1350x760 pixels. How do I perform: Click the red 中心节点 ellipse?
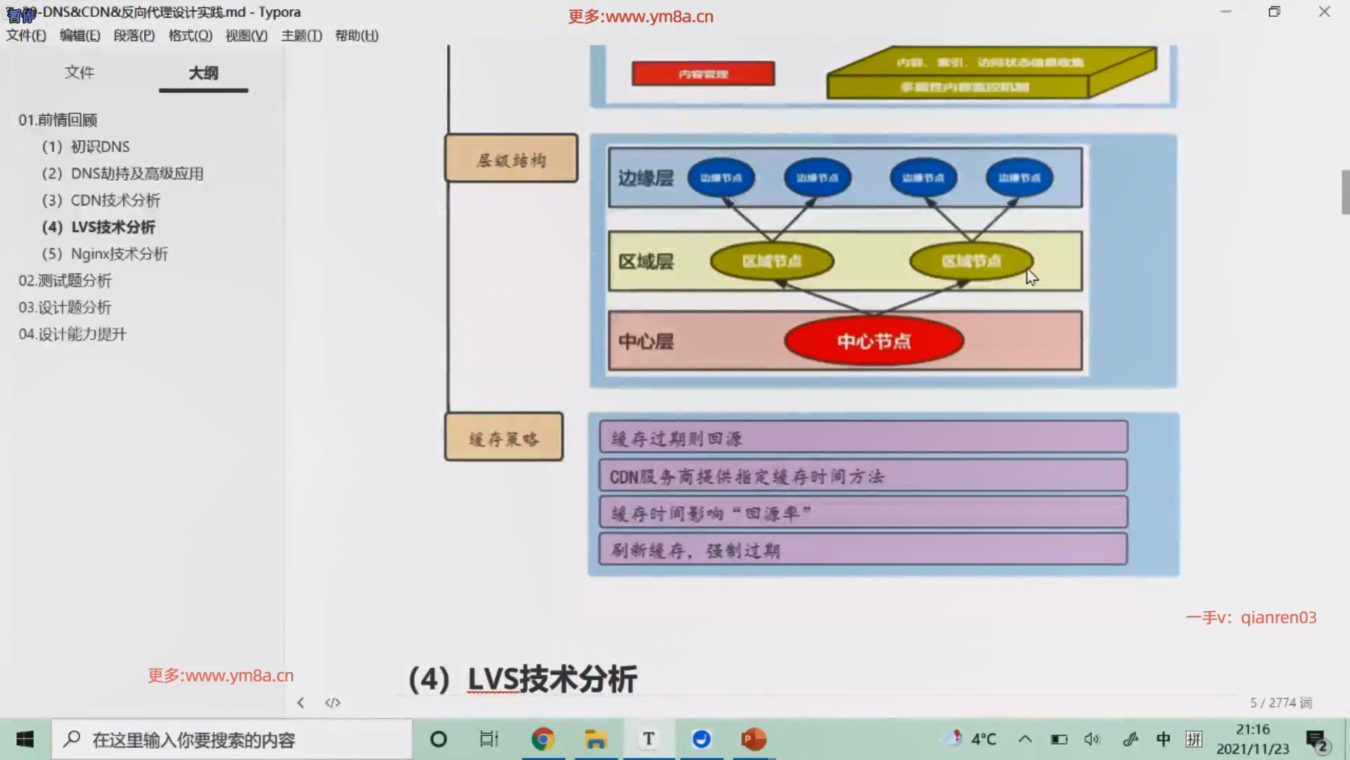pyautogui.click(x=873, y=341)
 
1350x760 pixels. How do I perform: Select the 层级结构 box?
pyautogui.click(x=511, y=158)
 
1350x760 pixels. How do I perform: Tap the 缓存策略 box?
pyautogui.click(x=503, y=438)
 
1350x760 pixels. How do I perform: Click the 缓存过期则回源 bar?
pyautogui.click(x=863, y=438)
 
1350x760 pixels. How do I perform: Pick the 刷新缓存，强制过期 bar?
pyautogui.click(x=863, y=550)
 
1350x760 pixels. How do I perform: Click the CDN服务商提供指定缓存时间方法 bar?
pyautogui.click(x=863, y=476)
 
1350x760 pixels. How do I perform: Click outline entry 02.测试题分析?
pyautogui.click(x=65, y=281)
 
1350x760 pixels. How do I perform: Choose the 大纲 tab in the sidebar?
pyautogui.click(x=203, y=73)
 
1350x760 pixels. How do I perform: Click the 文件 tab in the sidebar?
pyautogui.click(x=79, y=72)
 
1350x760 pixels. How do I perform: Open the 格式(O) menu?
pyautogui.click(x=190, y=36)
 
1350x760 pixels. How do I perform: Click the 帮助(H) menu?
pyautogui.click(x=356, y=36)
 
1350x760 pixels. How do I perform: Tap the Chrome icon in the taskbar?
pyautogui.click(x=542, y=739)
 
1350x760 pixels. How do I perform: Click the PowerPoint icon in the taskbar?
pyautogui.click(x=753, y=739)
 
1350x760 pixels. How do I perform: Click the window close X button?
pyautogui.click(x=1324, y=12)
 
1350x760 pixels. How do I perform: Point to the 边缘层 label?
pyautogui.click(x=645, y=178)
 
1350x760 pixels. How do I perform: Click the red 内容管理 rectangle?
pyautogui.click(x=703, y=74)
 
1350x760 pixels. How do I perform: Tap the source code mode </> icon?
pyautogui.click(x=333, y=702)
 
